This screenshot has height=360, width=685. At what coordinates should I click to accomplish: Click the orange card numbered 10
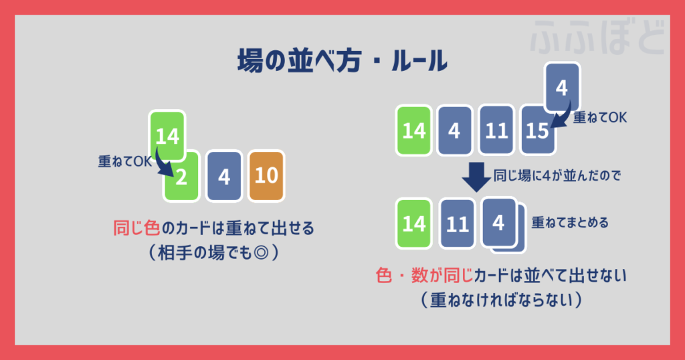[x=266, y=177]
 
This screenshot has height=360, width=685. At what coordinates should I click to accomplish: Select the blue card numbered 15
[x=538, y=130]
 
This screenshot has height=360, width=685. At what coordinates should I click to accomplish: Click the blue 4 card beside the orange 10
[x=224, y=177]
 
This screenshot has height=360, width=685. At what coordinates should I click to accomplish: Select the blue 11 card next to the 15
[x=496, y=130]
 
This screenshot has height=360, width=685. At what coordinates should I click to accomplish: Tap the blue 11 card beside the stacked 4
[x=457, y=223]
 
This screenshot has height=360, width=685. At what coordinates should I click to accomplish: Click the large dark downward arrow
[x=477, y=175]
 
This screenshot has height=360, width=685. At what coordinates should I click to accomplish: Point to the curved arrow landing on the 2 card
[x=161, y=163]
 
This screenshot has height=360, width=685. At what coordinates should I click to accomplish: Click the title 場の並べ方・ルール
[x=342, y=62]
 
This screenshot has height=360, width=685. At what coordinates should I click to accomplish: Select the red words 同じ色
[x=136, y=229]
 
